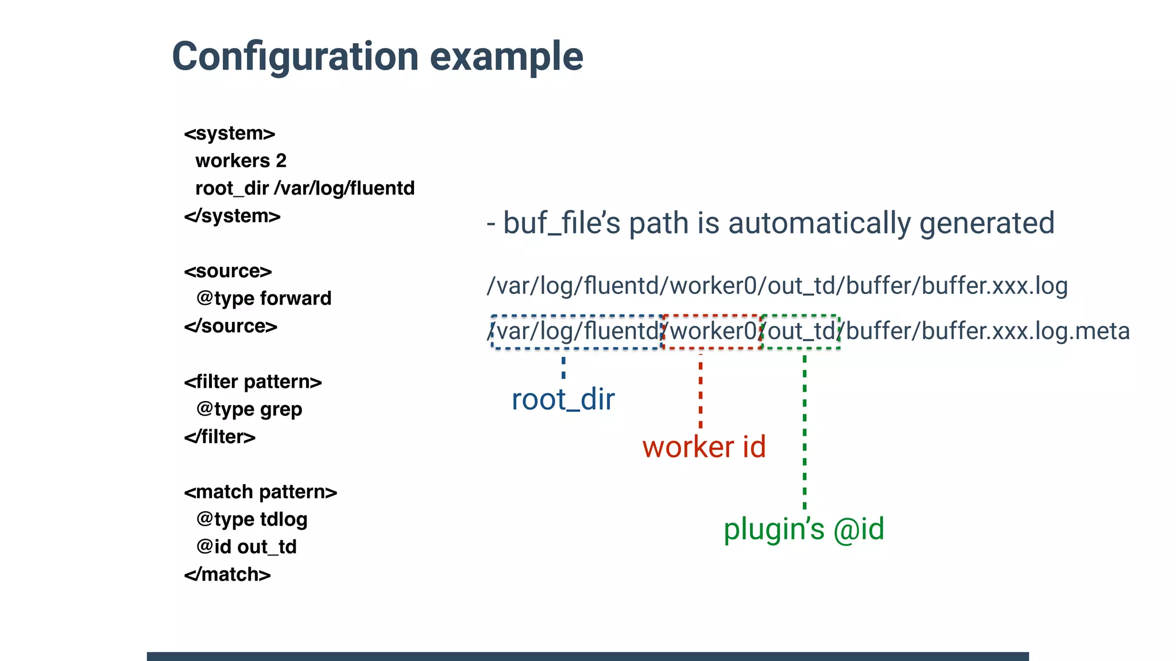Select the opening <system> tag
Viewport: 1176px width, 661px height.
pos(230,133)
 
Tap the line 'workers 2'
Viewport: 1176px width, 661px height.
pos(241,161)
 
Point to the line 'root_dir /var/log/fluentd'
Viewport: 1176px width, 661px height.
pos(305,188)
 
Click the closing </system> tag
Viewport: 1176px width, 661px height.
pos(232,216)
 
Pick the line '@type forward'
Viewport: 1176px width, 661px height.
pos(264,298)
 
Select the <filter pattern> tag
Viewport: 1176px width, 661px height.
pos(253,382)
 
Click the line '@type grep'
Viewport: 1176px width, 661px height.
pos(249,409)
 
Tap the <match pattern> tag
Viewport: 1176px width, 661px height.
pos(260,492)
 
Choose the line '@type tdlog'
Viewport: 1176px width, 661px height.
pos(252,519)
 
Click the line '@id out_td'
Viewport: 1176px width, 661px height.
pos(246,547)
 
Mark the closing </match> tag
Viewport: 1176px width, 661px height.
pos(227,574)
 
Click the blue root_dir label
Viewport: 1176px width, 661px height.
pos(563,399)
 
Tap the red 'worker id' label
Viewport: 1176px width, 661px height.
pos(704,447)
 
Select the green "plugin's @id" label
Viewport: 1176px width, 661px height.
pos(803,529)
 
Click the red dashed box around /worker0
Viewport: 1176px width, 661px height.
pos(712,331)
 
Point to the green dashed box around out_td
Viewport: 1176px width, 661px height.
pos(800,331)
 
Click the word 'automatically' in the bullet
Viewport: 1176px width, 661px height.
pos(819,223)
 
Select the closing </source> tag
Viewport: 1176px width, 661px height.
pos(230,326)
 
